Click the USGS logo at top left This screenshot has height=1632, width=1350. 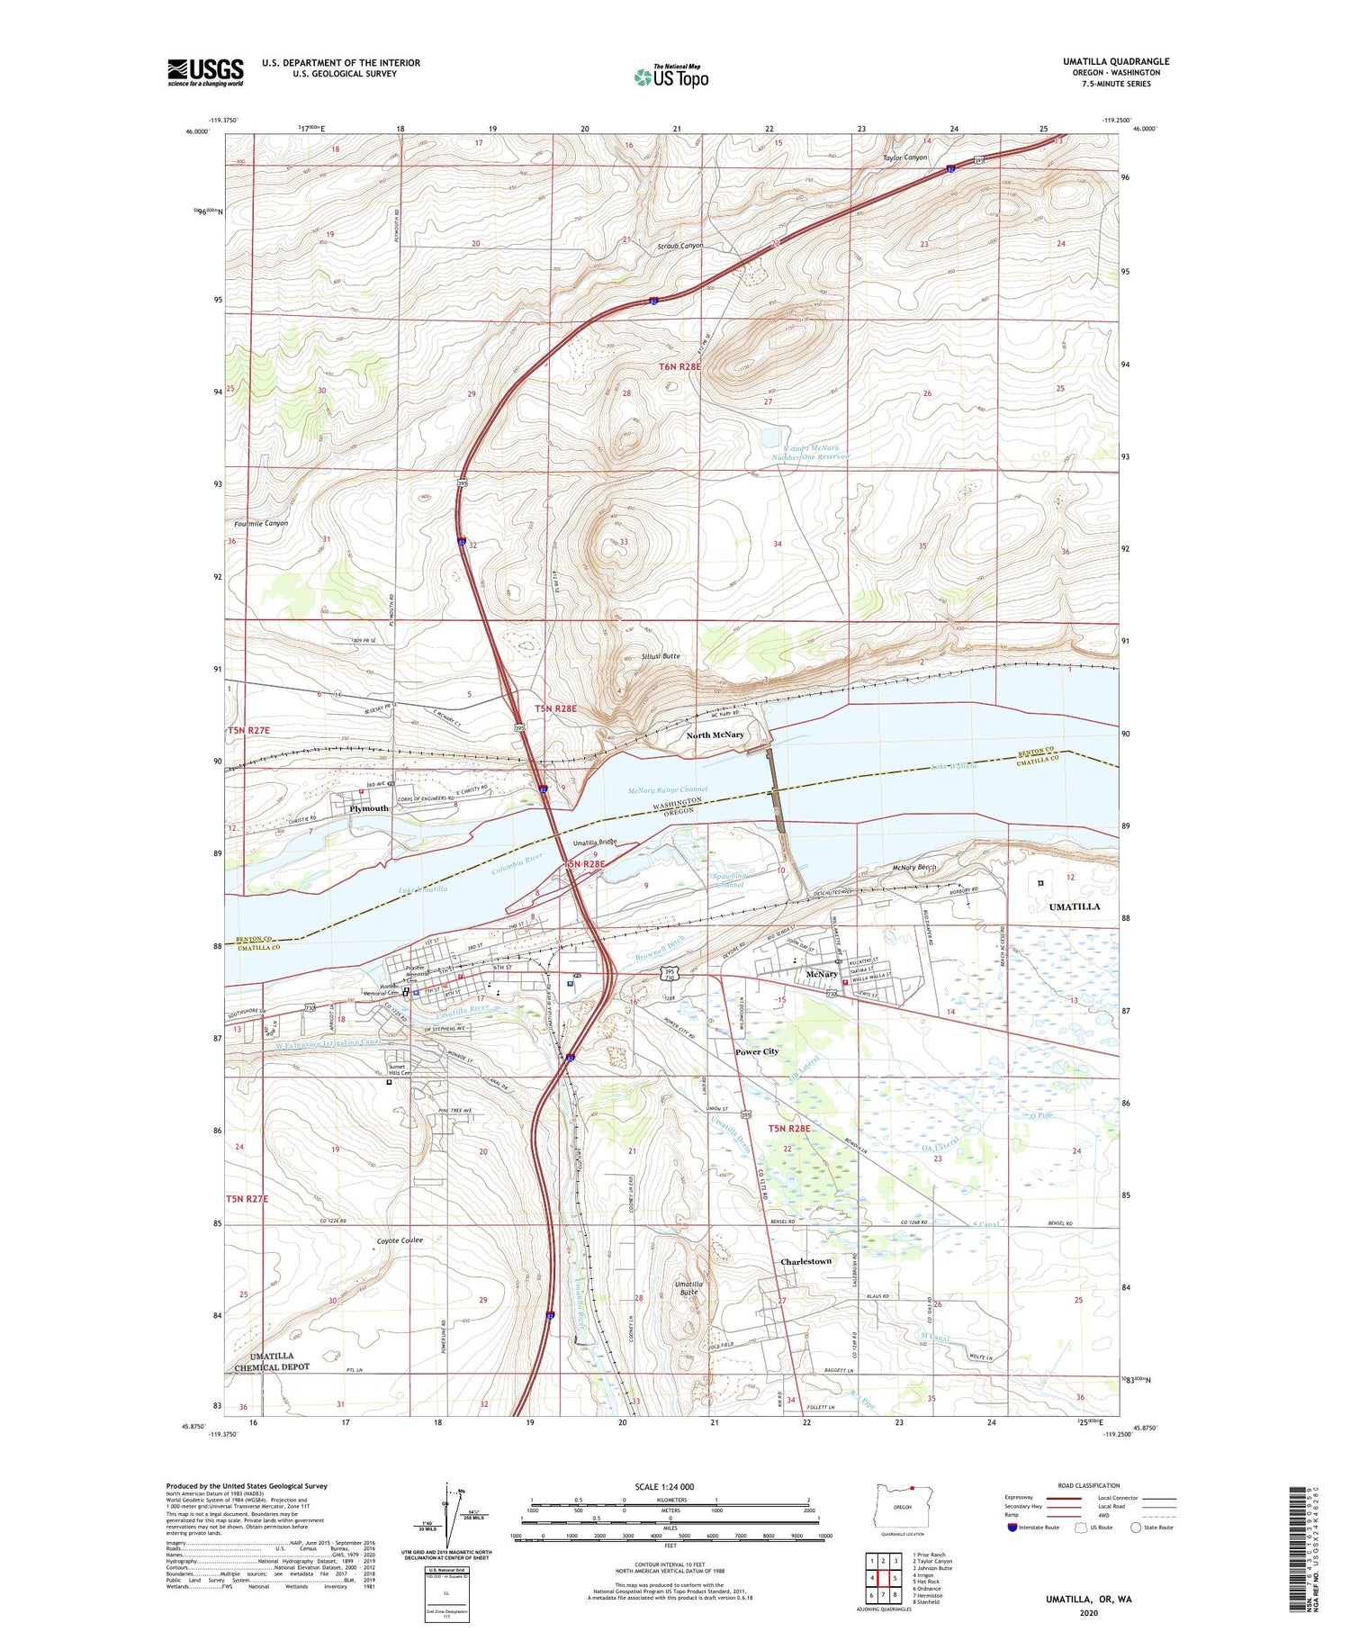point(205,72)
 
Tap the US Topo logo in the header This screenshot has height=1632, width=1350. point(671,77)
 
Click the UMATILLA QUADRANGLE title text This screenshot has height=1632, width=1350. point(1115,62)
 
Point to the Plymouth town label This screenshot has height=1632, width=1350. point(369,808)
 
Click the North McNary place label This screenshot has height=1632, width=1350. point(715,735)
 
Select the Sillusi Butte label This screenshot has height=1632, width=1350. point(660,656)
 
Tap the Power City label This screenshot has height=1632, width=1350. point(756,1051)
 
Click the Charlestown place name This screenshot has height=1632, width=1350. point(805,1261)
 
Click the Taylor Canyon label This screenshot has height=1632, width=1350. point(904,158)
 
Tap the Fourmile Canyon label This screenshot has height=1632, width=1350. point(261,523)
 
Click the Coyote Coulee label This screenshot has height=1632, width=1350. point(399,1240)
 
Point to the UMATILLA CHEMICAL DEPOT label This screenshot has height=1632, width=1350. point(271,1361)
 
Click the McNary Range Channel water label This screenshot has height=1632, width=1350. point(667,789)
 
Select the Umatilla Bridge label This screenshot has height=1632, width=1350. point(595,843)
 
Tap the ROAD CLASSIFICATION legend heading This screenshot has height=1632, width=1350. point(1088,1485)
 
